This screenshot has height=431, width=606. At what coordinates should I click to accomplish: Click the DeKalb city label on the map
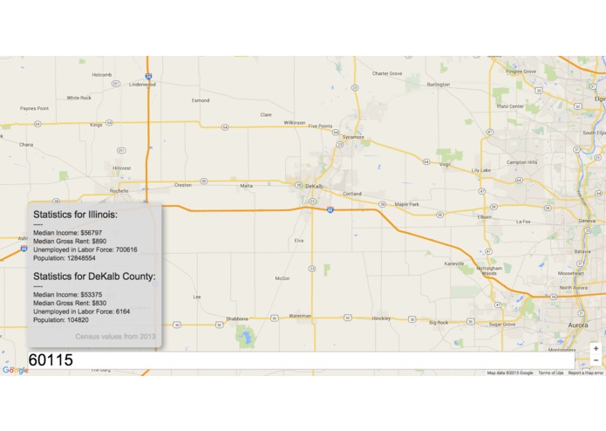point(314,186)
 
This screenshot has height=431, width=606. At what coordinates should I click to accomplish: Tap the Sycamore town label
point(353,137)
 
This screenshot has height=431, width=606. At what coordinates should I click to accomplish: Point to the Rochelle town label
point(119,190)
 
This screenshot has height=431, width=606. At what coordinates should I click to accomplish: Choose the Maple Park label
point(406,204)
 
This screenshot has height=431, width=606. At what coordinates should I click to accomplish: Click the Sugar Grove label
point(501,324)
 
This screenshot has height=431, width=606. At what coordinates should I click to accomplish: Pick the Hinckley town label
point(381,318)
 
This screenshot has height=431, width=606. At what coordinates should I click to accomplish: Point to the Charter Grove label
point(387,73)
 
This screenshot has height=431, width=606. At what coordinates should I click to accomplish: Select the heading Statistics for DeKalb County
point(94,276)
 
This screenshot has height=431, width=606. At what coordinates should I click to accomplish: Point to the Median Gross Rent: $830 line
point(69,303)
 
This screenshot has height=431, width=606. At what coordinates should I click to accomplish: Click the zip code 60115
point(51,359)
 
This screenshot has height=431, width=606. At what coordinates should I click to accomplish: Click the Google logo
point(15,370)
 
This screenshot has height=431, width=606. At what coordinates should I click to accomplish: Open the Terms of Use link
point(550,373)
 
